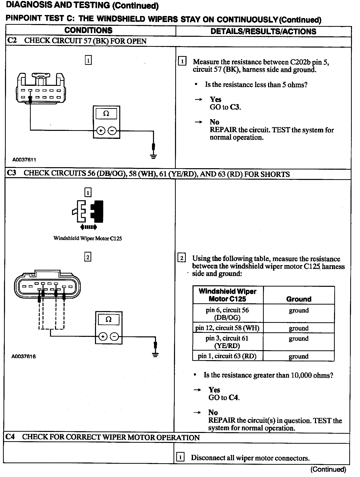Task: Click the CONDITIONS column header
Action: [x=88, y=31]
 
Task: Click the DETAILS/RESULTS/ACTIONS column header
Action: [x=263, y=31]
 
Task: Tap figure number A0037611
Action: [x=24, y=160]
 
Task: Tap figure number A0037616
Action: [x=23, y=356]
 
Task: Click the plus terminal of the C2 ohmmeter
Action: [x=100, y=131]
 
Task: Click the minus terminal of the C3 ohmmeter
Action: [x=114, y=337]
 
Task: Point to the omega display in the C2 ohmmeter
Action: [x=106, y=114]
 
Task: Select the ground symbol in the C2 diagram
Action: [x=153, y=156]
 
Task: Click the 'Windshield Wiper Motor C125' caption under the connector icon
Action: [x=87, y=238]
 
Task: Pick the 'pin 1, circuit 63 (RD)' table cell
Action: [x=227, y=356]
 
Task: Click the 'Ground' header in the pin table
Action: [x=299, y=299]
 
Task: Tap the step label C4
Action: [x=10, y=437]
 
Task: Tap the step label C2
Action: [x=12, y=41]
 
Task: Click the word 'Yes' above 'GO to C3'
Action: [x=215, y=100]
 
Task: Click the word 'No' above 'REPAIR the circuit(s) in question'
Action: [x=213, y=412]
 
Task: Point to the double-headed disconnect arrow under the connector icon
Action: [x=88, y=227]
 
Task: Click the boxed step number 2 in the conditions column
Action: [x=87, y=257]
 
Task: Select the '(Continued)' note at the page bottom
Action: [x=328, y=469]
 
